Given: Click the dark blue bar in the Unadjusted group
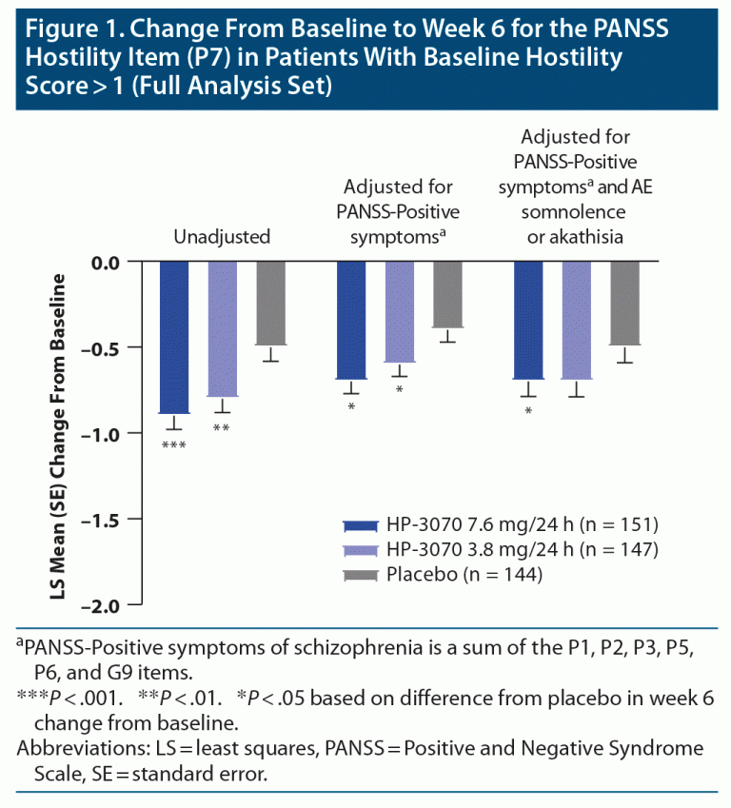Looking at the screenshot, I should [173, 337].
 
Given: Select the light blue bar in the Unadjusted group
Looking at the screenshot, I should [222, 328].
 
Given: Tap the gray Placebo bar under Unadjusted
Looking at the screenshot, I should [270, 303].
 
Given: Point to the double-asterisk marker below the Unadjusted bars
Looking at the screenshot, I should [222, 429].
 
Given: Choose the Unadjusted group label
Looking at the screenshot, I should [222, 236].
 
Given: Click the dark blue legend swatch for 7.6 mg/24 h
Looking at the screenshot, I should [361, 524].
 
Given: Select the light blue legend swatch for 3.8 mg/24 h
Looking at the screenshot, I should [361, 549].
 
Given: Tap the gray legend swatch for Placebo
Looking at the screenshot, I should [361, 573].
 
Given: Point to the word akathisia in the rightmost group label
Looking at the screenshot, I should [576, 236].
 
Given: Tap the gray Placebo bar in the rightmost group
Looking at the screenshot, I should [625, 303].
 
